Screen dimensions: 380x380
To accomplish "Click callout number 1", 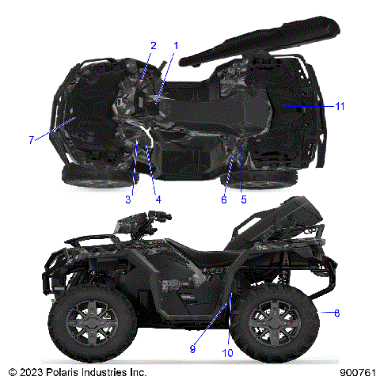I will (176, 46).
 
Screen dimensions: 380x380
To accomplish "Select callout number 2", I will (154, 46).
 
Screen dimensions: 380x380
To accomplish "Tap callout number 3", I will (127, 199).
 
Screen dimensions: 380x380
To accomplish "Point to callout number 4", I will (158, 199).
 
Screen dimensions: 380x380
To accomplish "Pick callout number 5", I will (243, 199).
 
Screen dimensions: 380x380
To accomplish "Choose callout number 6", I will (224, 199).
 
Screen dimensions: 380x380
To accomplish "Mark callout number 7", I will (32, 140).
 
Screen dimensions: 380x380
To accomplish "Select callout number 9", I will (193, 346).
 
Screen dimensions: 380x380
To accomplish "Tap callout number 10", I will (228, 353).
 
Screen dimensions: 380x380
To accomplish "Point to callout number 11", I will (339, 105).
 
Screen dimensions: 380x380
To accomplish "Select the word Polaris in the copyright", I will (68, 371).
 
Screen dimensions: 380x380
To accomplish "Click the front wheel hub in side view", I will (86, 325).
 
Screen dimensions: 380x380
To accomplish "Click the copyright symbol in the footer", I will (11, 371).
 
